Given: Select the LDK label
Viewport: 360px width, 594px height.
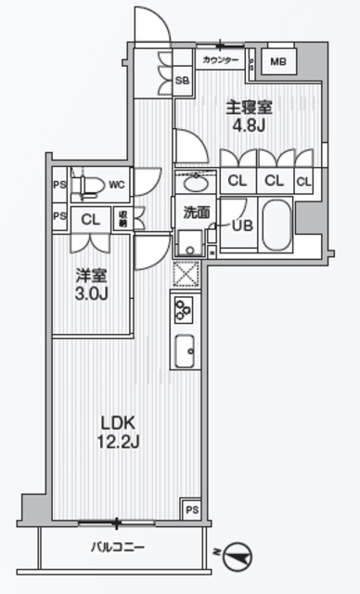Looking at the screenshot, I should [119, 420].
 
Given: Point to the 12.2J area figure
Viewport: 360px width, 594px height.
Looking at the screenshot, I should [119, 441].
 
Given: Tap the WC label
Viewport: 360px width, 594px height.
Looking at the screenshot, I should [116, 185].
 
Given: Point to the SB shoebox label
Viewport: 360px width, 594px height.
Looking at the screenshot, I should [182, 81].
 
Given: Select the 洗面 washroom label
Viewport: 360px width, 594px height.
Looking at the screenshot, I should [196, 212].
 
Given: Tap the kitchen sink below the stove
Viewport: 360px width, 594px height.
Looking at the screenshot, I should [183, 350].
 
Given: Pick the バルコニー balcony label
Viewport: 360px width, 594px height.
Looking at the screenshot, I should [118, 548].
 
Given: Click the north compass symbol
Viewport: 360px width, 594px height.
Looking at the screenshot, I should [236, 554].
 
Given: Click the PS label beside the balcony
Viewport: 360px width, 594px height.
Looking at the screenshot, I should [190, 510].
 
